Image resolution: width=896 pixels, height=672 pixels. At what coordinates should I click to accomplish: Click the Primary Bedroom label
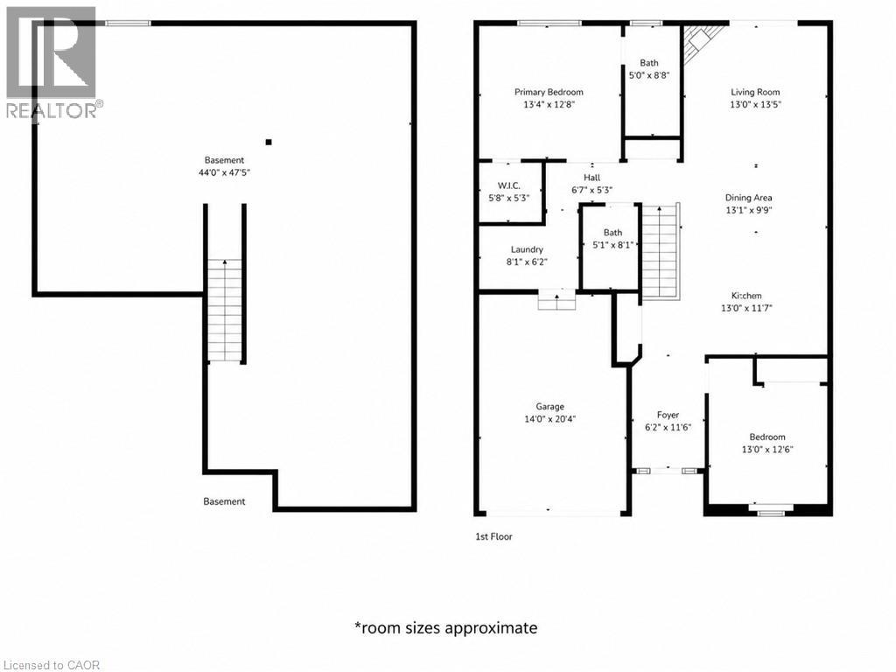[549, 92]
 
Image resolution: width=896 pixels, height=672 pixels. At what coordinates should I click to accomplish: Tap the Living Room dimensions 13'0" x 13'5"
[755, 105]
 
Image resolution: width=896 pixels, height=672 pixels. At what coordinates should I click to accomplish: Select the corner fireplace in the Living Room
[700, 41]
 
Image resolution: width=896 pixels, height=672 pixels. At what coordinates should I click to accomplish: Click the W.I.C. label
[508, 185]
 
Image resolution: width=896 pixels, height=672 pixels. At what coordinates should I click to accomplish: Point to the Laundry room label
[527, 249]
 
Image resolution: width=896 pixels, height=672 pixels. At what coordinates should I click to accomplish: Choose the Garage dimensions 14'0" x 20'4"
[549, 419]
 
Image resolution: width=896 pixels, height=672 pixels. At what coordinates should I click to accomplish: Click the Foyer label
[668, 415]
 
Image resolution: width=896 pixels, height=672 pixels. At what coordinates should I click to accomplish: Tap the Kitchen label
[747, 296]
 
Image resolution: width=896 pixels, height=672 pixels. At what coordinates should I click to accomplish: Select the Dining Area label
[749, 198]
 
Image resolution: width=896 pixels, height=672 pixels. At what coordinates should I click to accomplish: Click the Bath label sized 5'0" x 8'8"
[649, 63]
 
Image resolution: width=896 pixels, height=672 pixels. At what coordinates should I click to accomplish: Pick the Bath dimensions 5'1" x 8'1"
[613, 245]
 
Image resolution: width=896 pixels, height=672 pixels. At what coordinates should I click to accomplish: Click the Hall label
[592, 178]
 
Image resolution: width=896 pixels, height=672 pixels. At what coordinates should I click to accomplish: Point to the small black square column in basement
[269, 143]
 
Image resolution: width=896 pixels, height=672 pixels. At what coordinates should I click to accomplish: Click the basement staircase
[225, 311]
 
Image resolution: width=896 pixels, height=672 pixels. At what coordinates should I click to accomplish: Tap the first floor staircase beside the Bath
[661, 251]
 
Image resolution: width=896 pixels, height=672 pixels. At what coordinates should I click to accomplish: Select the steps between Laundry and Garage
[556, 299]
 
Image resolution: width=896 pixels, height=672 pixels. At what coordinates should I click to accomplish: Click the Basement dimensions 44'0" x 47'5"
[225, 172]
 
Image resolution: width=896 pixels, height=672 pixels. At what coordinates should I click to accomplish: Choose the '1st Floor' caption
[493, 536]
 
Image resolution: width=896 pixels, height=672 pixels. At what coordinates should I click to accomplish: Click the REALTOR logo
[52, 63]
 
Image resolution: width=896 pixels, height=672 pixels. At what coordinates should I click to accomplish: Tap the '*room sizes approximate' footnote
[445, 628]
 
